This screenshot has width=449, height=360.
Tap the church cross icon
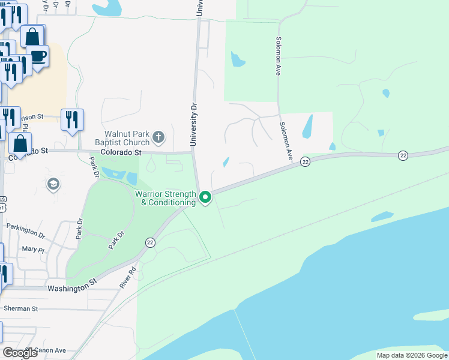[x=158, y=138]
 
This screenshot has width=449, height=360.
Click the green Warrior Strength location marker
[x=205, y=197]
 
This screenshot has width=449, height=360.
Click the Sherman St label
[x=21, y=308]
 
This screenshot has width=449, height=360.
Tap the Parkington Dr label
[x=26, y=227]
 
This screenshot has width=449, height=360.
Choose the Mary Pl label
[x=33, y=249]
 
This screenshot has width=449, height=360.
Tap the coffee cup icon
[x=38, y=56]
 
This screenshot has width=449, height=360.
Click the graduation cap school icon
[x=53, y=184]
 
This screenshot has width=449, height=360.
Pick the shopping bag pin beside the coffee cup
[x=32, y=36]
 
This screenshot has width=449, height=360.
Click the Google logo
[x=20, y=353]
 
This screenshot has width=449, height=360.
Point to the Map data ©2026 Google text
[x=412, y=355]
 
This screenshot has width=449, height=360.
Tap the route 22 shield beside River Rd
[x=150, y=242]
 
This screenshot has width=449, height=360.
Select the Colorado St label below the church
[x=121, y=152]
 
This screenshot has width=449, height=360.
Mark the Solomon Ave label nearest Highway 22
[x=285, y=141]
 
